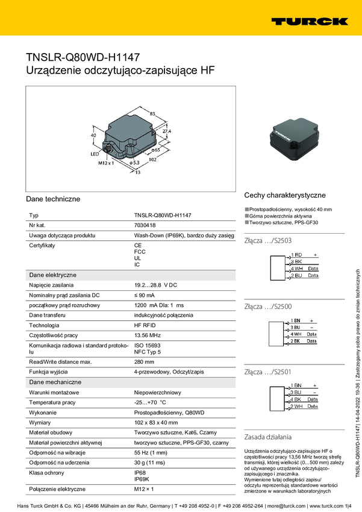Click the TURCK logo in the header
point(309,21)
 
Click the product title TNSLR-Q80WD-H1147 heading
point(83,58)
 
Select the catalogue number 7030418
point(144,225)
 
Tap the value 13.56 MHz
point(147,334)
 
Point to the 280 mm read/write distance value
point(145,362)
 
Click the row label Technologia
point(44,325)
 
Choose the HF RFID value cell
point(146,325)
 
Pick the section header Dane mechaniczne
point(55,382)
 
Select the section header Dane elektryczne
point(53,275)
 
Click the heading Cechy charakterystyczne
point(284,195)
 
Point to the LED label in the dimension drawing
point(95,154)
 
